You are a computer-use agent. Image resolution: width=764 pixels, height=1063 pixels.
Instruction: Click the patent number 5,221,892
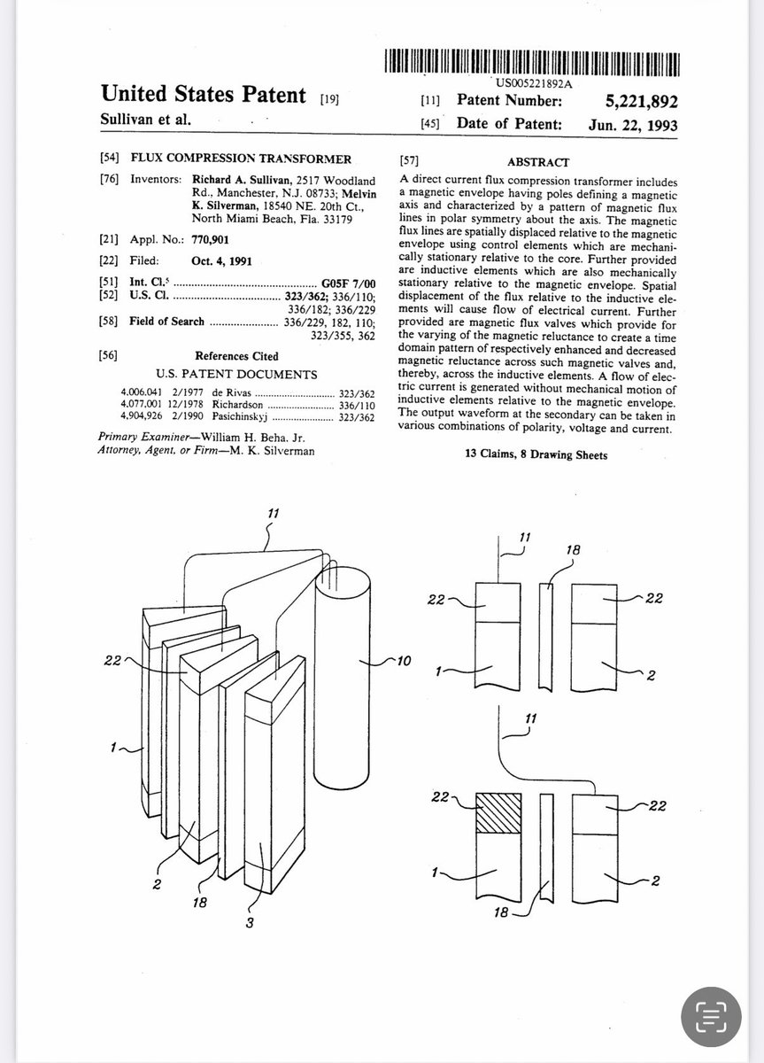pyautogui.click(x=630, y=101)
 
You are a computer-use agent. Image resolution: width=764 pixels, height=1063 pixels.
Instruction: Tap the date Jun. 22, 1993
pyautogui.click(x=633, y=125)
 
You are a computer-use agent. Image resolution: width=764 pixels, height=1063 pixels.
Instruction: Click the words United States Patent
pyautogui.click(x=204, y=93)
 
